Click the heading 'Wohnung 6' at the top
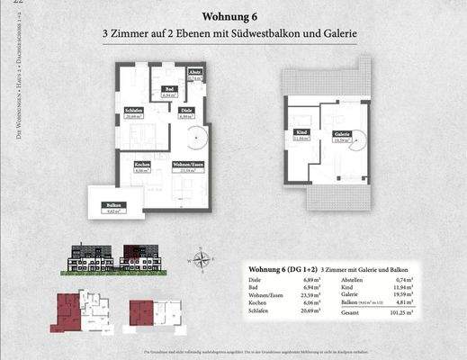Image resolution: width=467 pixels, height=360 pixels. click(229, 15)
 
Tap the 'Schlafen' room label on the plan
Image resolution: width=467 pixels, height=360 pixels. click(135, 111)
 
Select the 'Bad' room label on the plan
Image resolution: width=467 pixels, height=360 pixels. click(168, 88)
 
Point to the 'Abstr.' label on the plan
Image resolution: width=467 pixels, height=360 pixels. click(194, 73)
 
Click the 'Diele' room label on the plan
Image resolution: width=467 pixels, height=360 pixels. click(188, 111)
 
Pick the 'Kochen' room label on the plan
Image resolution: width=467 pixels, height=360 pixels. click(141, 165)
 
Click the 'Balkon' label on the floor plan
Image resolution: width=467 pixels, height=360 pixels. click(114, 206)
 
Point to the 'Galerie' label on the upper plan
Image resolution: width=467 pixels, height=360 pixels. click(341, 133)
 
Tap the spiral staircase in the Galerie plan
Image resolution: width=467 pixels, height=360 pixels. click(355, 144)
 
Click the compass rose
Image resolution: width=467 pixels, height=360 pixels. click(203, 260)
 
